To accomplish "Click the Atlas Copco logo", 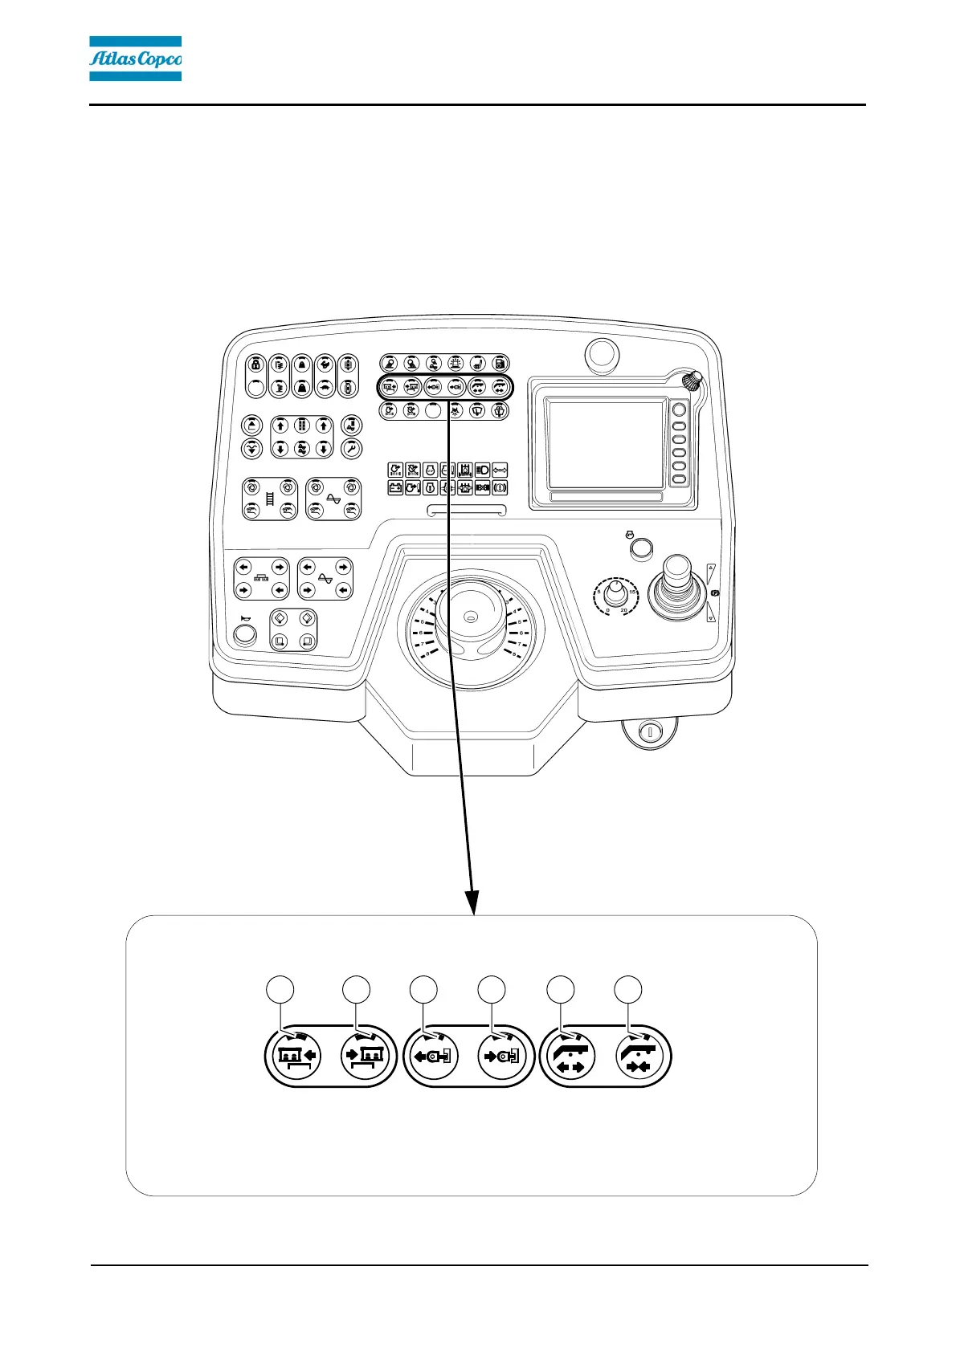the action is [135, 59].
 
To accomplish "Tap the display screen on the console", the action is [606, 444].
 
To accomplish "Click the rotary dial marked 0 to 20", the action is [615, 595].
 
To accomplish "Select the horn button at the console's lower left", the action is [244, 635].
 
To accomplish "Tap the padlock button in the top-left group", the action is [255, 364].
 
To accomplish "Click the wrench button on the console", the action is [351, 449].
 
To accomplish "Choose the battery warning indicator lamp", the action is [395, 487].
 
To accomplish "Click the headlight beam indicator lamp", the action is [483, 470].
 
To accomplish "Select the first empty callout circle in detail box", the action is [280, 990].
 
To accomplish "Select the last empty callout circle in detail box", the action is [628, 990].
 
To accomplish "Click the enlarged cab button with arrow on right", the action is [299, 1056].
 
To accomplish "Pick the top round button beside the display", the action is [679, 410].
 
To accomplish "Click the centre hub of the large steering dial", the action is [471, 617].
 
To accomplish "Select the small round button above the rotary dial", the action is [640, 548].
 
